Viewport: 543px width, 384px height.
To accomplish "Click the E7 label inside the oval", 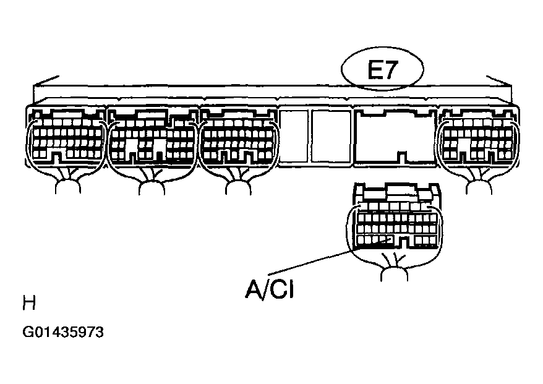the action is (383, 70).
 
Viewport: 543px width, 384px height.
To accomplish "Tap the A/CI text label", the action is (270, 289).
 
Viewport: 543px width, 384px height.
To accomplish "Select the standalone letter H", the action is (29, 303).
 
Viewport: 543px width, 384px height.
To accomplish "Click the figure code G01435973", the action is (63, 332).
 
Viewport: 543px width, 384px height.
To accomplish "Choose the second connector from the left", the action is (152, 138).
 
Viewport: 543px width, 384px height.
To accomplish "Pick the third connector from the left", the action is (239, 138).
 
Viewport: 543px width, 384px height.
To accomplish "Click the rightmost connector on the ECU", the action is (478, 138).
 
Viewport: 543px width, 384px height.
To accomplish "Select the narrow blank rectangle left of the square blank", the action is (294, 136).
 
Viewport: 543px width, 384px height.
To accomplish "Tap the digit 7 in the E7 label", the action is (391, 70).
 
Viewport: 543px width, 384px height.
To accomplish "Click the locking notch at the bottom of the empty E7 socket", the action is (402, 157).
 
